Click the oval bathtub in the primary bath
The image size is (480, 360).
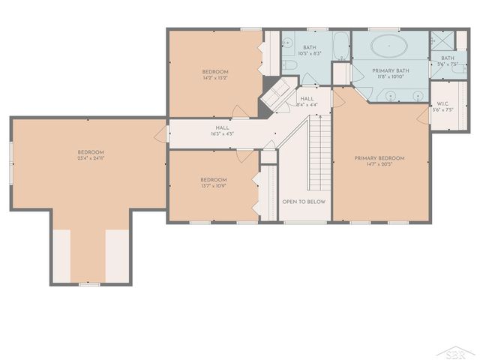click(x=388, y=46)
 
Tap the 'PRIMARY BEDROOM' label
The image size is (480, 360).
click(x=379, y=158)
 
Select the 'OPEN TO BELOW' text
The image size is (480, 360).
click(x=297, y=202)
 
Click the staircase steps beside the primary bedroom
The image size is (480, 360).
click(x=320, y=154)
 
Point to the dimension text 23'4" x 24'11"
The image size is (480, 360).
click(x=90, y=158)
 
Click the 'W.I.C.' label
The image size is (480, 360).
click(x=442, y=103)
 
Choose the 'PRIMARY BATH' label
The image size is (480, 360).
click(x=391, y=70)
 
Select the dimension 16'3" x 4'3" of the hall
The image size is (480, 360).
click(x=223, y=134)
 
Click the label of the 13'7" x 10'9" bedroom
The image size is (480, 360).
click(x=213, y=180)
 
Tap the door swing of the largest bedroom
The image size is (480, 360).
click(x=161, y=136)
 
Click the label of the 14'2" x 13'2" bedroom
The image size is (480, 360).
click(x=215, y=72)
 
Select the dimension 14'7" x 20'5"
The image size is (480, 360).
click(x=379, y=165)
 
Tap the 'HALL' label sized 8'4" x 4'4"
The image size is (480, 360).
click(x=307, y=98)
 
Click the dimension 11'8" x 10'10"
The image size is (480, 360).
click(x=391, y=77)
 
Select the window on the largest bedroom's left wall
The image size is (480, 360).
click(x=10, y=160)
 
